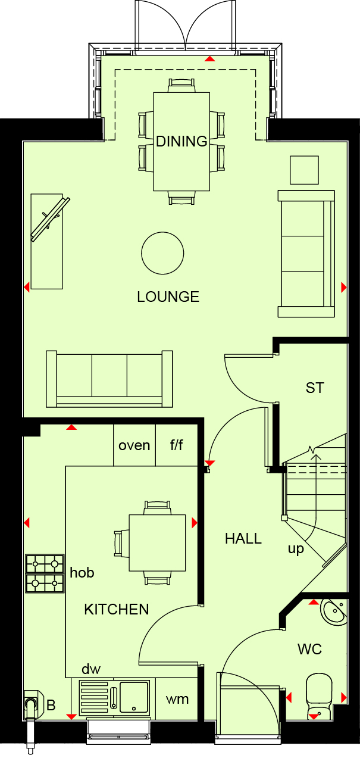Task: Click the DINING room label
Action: pyautogui.click(x=181, y=141)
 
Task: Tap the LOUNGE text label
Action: pyautogui.click(x=168, y=297)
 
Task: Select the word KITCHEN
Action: pyautogui.click(x=117, y=610)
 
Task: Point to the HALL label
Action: pyautogui.click(x=243, y=538)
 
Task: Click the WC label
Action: pyautogui.click(x=309, y=649)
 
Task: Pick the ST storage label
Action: pyautogui.click(x=315, y=388)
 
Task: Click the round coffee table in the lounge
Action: pyautogui.click(x=162, y=253)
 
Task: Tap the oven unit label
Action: pyautogui.click(x=134, y=445)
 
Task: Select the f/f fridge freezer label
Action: pyautogui.click(x=177, y=445)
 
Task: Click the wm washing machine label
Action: pyautogui.click(x=177, y=699)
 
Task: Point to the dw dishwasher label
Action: pyautogui.click(x=91, y=669)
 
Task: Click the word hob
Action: pyautogui.click(x=82, y=573)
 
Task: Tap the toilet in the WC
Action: pyautogui.click(x=319, y=695)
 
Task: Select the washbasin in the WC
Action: pyautogui.click(x=334, y=612)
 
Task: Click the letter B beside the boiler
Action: pyautogui.click(x=51, y=705)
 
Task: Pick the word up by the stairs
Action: pyautogui.click(x=296, y=549)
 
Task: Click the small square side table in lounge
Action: pyautogui.click(x=304, y=170)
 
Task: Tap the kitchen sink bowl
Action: pyautogui.click(x=134, y=697)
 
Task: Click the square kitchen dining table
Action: pyautogui.click(x=157, y=543)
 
